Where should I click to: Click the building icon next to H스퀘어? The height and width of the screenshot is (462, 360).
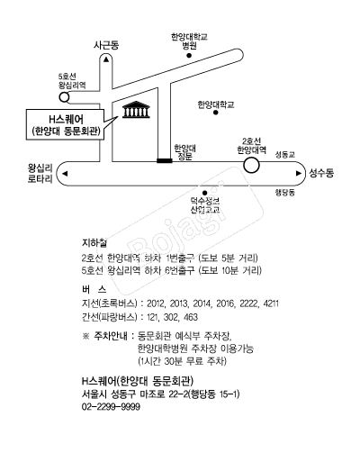pos(135,113)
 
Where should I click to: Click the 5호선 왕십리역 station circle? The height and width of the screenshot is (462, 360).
pos(63,95)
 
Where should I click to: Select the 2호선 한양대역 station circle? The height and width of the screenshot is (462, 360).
pos(252,165)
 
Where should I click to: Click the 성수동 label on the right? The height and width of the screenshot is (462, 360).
pos(320,170)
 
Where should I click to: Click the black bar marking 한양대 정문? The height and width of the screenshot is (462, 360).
pos(163,160)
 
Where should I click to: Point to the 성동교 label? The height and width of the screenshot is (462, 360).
pos(284,155)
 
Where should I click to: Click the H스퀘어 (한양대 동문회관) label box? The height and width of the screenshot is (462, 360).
pos(63,124)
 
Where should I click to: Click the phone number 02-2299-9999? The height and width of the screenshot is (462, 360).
pos(110,408)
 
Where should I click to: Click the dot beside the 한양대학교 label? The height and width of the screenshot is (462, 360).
pos(215,114)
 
